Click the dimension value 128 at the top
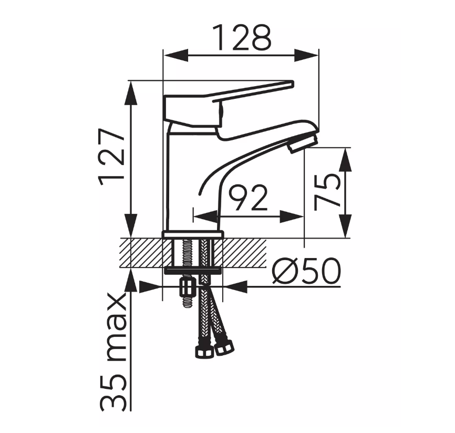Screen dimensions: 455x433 point(242,38)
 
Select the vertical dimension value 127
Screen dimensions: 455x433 point(111,157)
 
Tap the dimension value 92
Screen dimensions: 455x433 point(248,198)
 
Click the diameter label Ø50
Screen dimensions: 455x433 point(306,271)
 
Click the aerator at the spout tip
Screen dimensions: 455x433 point(303,143)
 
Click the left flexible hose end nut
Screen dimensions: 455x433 point(203,352)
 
